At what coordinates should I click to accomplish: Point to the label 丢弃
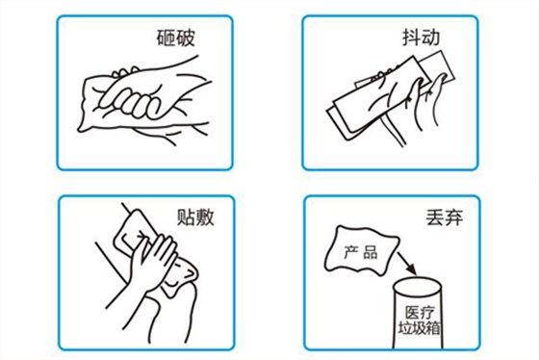442,218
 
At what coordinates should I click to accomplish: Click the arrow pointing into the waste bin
401,258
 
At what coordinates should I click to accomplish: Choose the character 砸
168,39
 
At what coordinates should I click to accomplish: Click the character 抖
413,39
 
